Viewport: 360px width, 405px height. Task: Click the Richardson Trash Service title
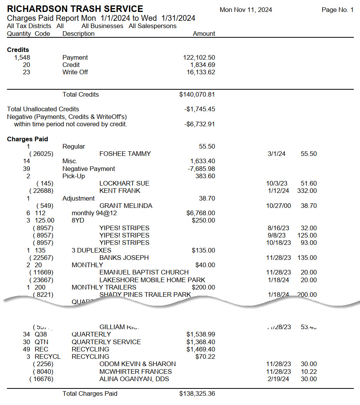pos(75,9)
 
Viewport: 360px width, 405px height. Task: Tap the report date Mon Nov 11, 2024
pos(246,10)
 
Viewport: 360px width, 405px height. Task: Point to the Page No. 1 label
pos(337,10)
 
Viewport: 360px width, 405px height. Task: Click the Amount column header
pos(204,33)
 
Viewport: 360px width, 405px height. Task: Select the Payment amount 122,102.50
pos(199,57)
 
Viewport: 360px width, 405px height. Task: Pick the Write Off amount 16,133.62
pos(200,72)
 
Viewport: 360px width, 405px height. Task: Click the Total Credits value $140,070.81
pos(197,94)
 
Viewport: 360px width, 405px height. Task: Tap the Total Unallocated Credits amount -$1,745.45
pos(200,109)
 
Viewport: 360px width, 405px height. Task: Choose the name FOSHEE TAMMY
pos(125,154)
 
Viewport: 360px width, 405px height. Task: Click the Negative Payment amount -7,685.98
pos(200,169)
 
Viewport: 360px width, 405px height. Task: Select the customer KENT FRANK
pos(120,191)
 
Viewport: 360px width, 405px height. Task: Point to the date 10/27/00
pos(279,206)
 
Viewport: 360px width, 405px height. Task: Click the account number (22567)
pos(42,258)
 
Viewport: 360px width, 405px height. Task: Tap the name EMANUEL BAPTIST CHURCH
pos(144,272)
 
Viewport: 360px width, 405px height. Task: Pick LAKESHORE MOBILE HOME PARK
pos(152,280)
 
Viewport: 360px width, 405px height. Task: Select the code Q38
pos(41,334)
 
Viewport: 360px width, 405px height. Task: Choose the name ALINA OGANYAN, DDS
pos(134,379)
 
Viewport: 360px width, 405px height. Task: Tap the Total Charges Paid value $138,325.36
pos(197,394)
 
